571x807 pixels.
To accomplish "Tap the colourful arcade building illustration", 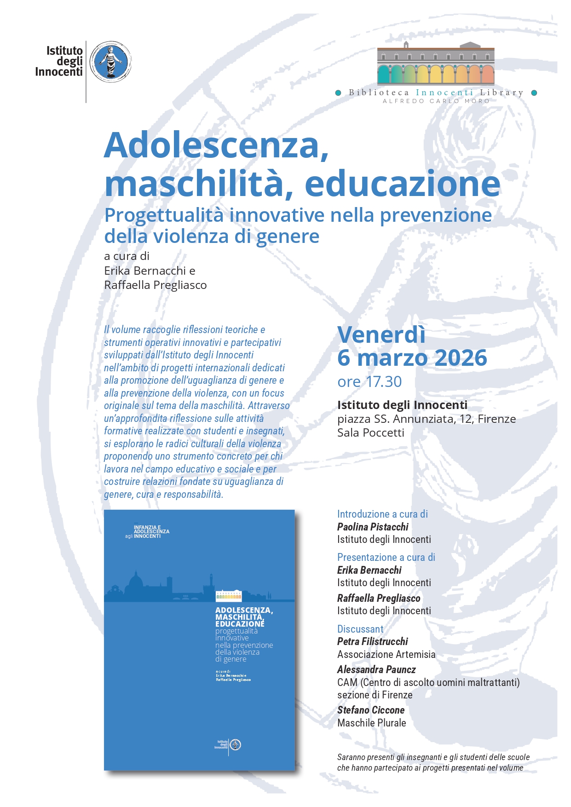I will point(435,64).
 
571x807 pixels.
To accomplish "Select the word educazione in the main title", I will point(402,184).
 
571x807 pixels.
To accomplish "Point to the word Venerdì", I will point(381,334).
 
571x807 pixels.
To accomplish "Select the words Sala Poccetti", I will point(370,433).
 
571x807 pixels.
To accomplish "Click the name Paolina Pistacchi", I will point(373,527).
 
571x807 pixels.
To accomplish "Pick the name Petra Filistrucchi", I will point(372,641).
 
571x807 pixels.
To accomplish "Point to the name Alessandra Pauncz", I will point(376,669).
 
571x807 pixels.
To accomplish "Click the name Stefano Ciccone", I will point(370,710).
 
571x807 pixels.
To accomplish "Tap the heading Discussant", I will point(360,629).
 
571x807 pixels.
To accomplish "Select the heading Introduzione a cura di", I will point(382,514).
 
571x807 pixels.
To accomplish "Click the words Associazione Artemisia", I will point(386,654).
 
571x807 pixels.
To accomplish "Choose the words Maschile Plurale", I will point(371,723).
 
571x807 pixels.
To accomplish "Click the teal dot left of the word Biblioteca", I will point(338,93).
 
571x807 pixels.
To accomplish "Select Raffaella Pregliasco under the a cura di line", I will point(155,285).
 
